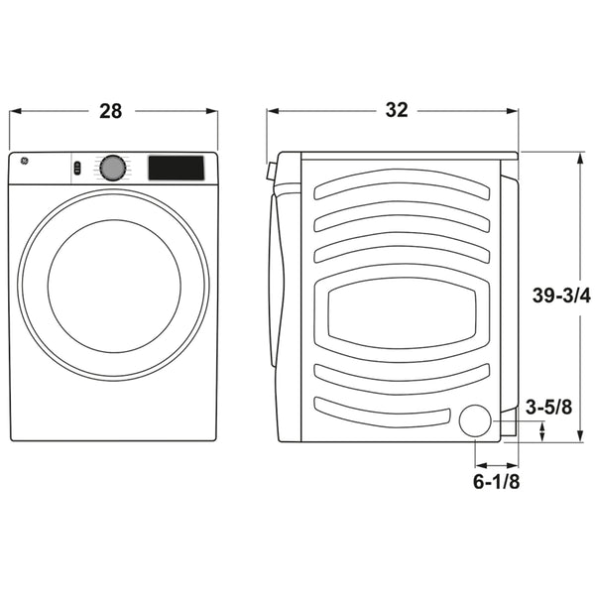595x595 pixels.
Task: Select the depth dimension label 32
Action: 396,110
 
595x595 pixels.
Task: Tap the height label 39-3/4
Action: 561,295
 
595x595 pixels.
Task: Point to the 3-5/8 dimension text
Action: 547,407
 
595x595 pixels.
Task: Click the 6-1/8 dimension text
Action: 497,482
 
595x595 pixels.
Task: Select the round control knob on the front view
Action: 113,169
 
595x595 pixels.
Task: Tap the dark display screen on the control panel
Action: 176,168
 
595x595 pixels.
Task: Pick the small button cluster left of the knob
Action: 76,168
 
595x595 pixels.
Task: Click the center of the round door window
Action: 113,286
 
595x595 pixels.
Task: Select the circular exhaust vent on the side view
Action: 475,420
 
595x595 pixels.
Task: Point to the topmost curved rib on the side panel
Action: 403,184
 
